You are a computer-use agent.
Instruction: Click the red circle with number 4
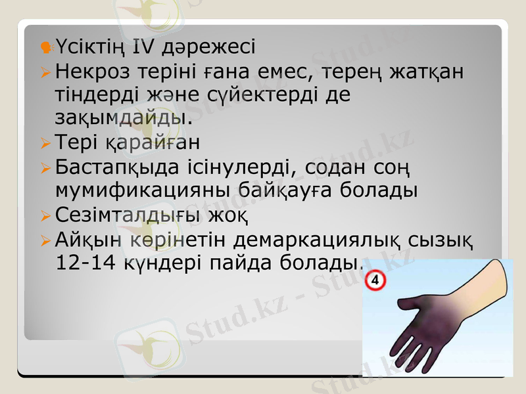click(x=375, y=281)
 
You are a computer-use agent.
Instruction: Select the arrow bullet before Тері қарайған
click(x=45, y=142)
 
